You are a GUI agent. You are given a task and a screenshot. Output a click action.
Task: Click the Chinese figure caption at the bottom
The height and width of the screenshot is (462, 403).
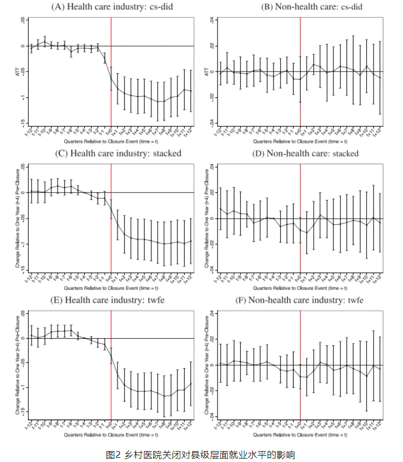[x=201, y=455]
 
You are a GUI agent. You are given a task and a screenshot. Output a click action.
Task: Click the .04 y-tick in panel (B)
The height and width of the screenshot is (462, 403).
[x=212, y=20]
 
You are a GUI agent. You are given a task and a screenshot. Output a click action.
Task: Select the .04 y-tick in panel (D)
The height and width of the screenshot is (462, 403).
[x=212, y=167]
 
